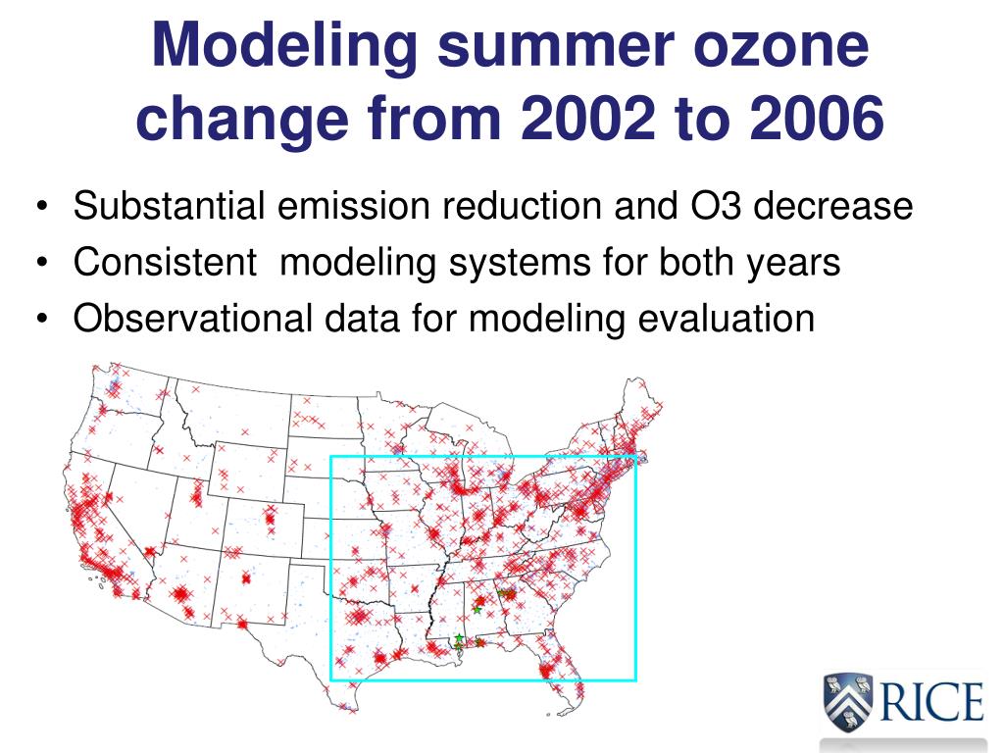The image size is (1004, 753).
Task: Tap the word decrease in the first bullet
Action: pos(832,206)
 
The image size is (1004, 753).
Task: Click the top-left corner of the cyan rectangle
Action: pos(331,457)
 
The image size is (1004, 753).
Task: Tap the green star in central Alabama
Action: pos(477,609)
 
